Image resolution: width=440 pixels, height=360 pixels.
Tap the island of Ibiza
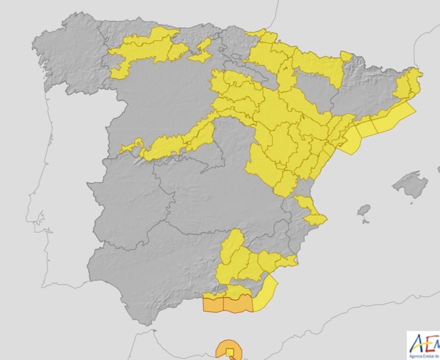tap(363, 210)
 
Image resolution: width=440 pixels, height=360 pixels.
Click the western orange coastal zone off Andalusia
tap(213, 304)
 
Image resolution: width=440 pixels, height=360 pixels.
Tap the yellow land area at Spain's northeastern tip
tap(409, 83)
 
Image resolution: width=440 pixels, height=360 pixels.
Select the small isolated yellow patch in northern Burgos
tap(202, 50)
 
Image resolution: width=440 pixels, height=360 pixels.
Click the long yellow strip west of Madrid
tap(172, 144)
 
